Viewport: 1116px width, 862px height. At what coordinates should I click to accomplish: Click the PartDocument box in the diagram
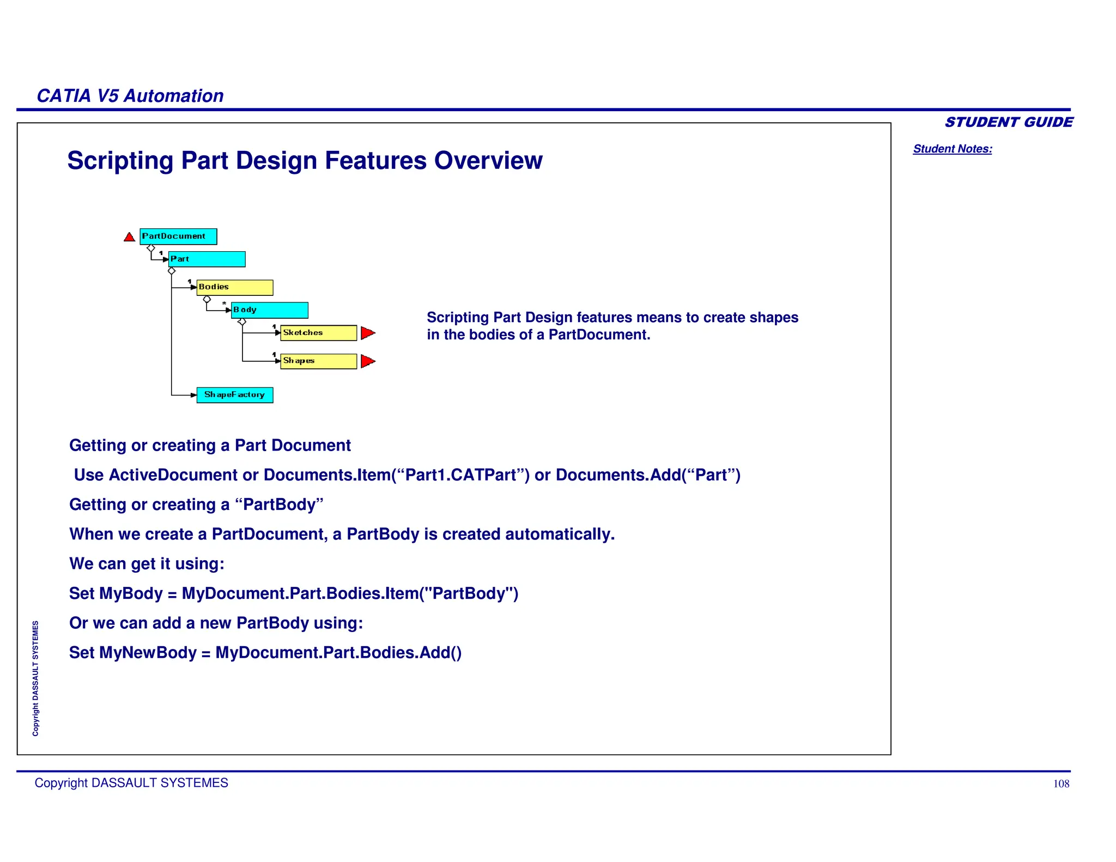click(178, 236)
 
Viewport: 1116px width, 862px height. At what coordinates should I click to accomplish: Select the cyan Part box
click(207, 259)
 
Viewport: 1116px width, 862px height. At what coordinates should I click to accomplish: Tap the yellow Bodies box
click(234, 287)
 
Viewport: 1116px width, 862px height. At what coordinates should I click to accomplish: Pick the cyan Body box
click(269, 310)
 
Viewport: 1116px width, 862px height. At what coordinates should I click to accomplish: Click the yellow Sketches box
click(318, 333)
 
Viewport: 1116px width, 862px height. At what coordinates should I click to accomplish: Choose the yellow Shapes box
click(318, 361)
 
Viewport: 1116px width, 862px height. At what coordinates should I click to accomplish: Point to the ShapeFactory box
click(234, 395)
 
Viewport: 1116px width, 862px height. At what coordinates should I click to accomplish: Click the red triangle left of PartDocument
click(129, 237)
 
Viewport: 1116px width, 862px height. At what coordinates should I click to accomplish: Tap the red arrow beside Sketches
click(368, 333)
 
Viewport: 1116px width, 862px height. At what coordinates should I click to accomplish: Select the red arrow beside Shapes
click(368, 361)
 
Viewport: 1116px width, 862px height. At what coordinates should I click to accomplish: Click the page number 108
click(1060, 784)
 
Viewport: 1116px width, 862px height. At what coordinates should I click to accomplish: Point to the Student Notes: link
click(952, 149)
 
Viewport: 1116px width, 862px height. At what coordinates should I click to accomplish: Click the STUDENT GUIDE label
click(1008, 122)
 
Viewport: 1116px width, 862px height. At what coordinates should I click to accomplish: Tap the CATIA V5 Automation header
click(130, 96)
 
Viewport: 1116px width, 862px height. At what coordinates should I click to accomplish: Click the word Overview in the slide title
click(488, 161)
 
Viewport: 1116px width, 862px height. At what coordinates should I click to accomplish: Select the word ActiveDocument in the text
click(173, 475)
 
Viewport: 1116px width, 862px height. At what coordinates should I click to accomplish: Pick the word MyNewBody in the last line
click(147, 653)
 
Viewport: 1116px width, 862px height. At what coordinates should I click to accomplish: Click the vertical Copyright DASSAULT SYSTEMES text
click(35, 678)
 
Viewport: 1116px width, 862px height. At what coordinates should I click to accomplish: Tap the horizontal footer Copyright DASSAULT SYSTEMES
click(131, 783)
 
